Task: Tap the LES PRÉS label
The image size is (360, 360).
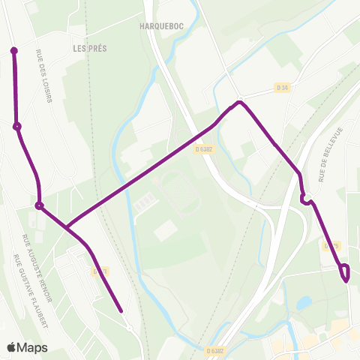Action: tap(90, 48)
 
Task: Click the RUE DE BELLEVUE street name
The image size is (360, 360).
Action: tap(325, 154)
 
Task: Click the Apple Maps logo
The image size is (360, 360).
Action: tap(28, 348)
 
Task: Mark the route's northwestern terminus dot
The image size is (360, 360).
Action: tap(13, 51)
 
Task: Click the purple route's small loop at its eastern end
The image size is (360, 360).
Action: tap(344, 271)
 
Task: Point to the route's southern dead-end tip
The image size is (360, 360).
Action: tap(121, 309)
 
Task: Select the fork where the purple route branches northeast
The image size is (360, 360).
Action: tap(66, 226)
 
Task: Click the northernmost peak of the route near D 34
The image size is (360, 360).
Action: tap(239, 102)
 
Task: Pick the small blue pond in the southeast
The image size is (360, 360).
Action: tap(304, 304)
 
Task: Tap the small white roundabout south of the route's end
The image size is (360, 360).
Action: tap(130, 328)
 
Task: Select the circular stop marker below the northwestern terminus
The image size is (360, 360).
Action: tap(16, 126)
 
